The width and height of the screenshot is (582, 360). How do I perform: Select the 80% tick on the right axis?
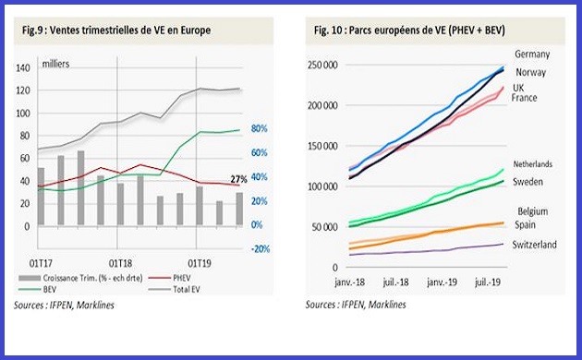pos(260,129)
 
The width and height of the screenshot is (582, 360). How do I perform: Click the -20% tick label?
pos(259,249)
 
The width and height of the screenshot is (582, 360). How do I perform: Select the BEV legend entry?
pos(55,287)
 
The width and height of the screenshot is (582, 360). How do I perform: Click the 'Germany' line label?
pos(532,54)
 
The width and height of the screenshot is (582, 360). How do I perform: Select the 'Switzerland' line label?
pos(535,245)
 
